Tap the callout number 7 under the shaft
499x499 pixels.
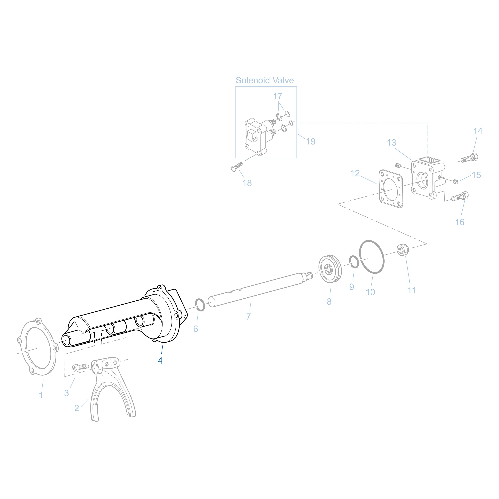[x=249, y=316]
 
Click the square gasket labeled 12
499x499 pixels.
[x=391, y=189]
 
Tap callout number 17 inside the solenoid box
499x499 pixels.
[x=277, y=96]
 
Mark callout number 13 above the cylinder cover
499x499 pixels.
[x=391, y=143]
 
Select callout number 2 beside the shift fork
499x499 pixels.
[x=77, y=408]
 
